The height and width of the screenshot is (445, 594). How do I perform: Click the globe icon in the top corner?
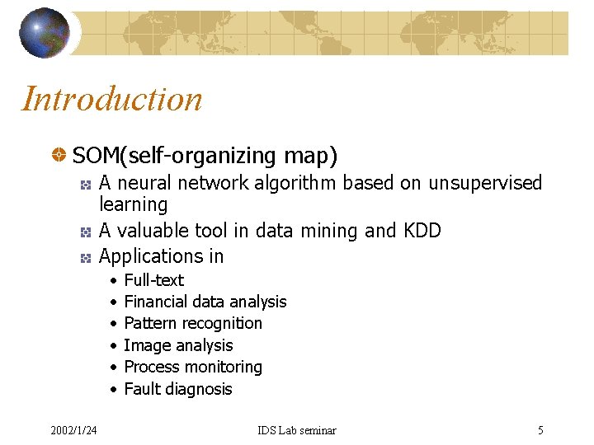click(45, 33)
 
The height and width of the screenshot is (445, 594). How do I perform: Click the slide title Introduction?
click(112, 99)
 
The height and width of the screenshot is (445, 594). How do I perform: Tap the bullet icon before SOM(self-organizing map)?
click(59, 154)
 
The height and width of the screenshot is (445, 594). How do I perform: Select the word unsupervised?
click(485, 183)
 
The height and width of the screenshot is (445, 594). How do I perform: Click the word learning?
click(133, 204)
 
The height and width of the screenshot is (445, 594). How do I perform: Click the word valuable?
click(153, 231)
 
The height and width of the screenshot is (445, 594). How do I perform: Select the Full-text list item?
click(153, 280)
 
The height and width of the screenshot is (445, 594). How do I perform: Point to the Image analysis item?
click(178, 346)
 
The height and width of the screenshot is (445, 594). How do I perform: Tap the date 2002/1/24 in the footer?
click(73, 430)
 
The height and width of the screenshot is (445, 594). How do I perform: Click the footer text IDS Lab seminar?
click(297, 430)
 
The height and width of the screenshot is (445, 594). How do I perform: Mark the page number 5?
click(540, 430)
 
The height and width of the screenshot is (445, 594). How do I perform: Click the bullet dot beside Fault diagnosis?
click(112, 389)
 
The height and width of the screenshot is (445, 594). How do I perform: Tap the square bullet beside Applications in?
click(84, 258)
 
